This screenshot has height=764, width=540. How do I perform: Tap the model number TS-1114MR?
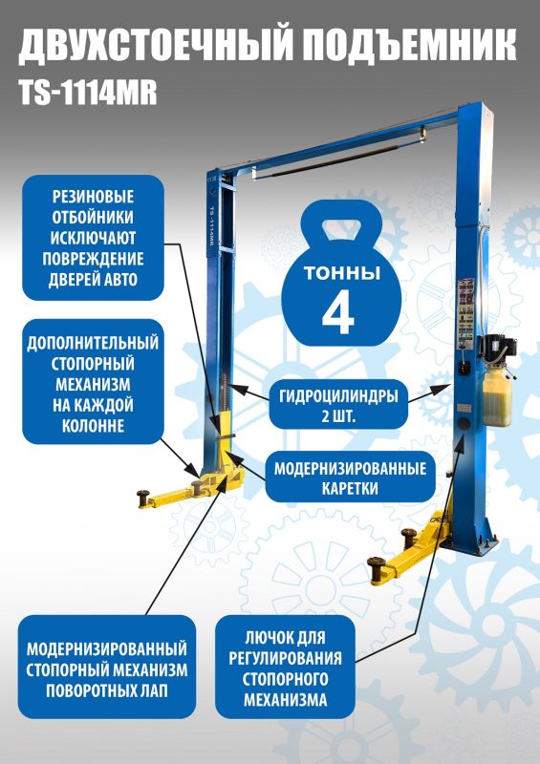coord(87,92)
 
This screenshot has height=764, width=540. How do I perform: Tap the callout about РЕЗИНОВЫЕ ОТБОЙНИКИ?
coord(93,237)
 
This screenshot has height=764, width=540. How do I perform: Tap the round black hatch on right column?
coord(465,420)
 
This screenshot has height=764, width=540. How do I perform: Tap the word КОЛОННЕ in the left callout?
coord(93,426)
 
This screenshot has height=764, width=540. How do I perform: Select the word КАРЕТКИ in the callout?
coord(350,488)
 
